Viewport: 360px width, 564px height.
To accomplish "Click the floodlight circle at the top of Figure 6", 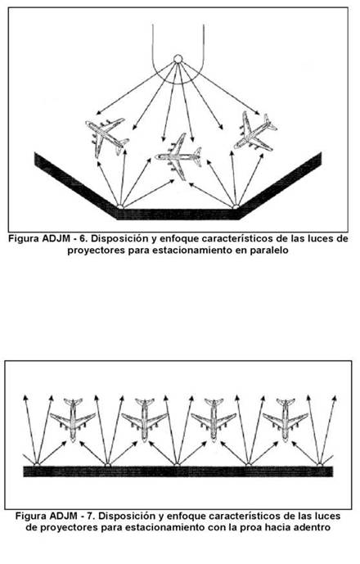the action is pos(178,59).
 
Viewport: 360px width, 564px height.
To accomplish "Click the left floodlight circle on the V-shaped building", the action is pos(120,207).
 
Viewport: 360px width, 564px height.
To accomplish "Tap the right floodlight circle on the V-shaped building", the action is pos(236,207).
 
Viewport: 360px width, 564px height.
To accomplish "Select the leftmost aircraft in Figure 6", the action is pos(107,137).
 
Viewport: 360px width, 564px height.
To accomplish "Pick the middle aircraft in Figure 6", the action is pos(178,156).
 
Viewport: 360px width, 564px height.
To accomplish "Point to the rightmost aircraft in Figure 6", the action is pos(255,132).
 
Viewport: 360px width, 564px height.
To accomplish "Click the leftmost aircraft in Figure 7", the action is pos(73,419).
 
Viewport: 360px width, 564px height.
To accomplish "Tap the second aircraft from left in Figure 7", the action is pos(145,419).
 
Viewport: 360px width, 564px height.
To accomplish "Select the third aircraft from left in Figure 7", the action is pos(214,419).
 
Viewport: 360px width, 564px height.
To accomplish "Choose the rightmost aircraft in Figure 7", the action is pos(286,419).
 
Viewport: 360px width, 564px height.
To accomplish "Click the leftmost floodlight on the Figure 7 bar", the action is pos(37,465).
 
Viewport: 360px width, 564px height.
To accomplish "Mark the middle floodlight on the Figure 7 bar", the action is pos(177,465).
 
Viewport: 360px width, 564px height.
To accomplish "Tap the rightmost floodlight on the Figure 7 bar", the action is pos(320,465).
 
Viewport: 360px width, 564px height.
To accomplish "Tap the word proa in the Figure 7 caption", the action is pos(249,528).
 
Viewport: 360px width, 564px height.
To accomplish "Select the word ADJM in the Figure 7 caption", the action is pos(63,517).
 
